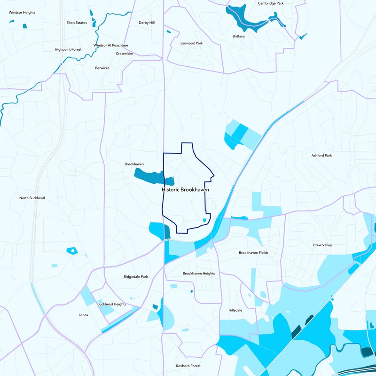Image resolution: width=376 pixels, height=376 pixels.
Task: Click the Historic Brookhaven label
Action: coord(185,190)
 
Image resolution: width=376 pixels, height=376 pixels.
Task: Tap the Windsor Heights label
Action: coord(22,12)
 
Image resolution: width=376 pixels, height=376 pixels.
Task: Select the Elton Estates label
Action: coord(77,23)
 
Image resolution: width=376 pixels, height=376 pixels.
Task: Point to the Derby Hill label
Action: coord(147,23)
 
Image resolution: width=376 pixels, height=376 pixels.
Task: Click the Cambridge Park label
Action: coord(271,3)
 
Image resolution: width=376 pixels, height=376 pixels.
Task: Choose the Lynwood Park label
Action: coord(192,43)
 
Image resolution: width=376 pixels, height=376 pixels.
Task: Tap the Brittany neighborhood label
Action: coord(239,36)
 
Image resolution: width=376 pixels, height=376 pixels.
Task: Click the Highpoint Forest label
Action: coord(68,49)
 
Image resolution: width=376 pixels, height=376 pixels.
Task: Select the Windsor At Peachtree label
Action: coord(110,46)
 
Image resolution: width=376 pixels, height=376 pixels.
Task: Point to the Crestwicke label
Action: coord(125,54)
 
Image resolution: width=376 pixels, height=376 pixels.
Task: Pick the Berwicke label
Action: coord(102,68)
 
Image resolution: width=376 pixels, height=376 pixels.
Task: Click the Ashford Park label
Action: coord(321,156)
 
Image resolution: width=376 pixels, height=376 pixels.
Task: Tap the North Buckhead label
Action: coord(32,198)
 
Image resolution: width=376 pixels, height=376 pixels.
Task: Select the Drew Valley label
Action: coord(322,245)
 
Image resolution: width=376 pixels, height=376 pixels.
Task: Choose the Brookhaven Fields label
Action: coord(253,253)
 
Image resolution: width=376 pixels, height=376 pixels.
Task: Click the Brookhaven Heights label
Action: coord(199,274)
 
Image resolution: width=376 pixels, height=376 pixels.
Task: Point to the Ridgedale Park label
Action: coord(136,277)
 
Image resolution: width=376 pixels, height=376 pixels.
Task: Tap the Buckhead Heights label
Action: coord(111,304)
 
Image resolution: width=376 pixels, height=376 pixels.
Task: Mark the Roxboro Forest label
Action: coord(188,366)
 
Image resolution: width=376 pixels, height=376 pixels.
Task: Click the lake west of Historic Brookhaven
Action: coord(150,176)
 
